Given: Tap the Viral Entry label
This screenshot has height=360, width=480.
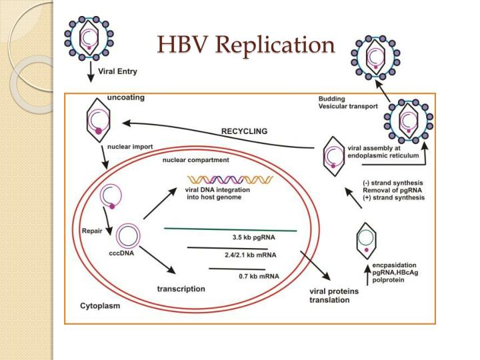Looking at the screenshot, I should coord(119,69).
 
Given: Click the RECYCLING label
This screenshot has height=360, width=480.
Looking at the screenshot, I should coord(244,131).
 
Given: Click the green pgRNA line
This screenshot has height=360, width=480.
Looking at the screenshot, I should coord(230,229).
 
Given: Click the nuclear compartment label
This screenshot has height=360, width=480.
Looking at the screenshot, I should coord(196,160).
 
